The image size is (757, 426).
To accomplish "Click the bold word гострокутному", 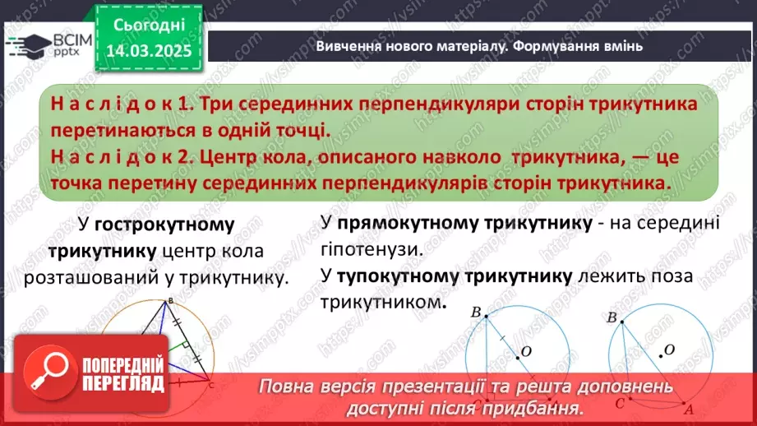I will [x=164, y=225].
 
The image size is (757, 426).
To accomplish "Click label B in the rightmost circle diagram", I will [x=611, y=317].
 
